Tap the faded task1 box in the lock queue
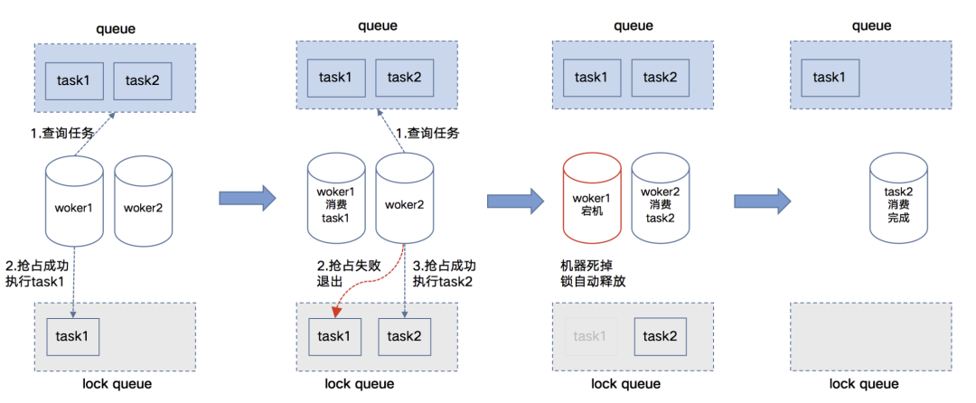point(590,335)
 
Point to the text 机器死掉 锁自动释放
point(593,273)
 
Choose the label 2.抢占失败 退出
point(340,273)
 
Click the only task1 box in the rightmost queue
point(831,78)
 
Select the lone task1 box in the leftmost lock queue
point(73,335)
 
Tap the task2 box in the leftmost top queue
point(143,80)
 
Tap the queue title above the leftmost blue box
point(116,28)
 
